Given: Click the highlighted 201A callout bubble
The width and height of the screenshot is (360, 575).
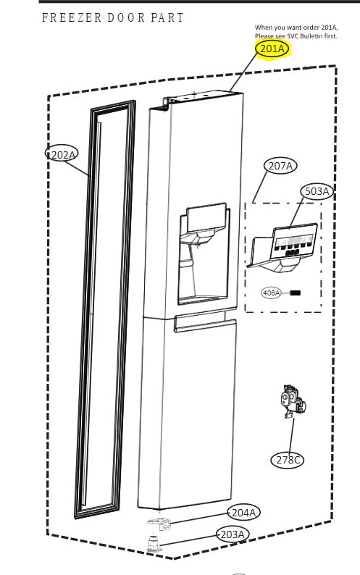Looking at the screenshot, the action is click(272, 49).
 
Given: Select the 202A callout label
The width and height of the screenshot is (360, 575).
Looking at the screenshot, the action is click(62, 154).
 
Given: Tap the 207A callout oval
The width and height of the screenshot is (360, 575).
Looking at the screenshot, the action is click(280, 166).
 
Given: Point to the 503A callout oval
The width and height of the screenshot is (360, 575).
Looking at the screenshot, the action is click(317, 191).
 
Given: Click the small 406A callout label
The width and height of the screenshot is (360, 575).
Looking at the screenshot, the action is click(271, 293).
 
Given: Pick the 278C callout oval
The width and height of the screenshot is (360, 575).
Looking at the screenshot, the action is click(288, 459).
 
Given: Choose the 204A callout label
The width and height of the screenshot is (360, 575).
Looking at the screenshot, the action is click(243, 512).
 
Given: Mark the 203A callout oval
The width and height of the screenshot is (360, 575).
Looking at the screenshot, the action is click(233, 534).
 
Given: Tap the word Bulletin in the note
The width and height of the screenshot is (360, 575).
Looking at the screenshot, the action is click(309, 36).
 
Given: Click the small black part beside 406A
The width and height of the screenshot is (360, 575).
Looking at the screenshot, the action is click(295, 293).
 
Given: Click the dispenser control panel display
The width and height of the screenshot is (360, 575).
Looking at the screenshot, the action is click(293, 243).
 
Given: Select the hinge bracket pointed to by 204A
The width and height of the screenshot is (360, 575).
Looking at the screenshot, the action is click(159, 524).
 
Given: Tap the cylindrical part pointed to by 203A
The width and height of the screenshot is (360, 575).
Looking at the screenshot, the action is click(154, 543).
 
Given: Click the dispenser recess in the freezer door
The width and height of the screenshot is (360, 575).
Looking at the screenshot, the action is click(203, 256).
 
